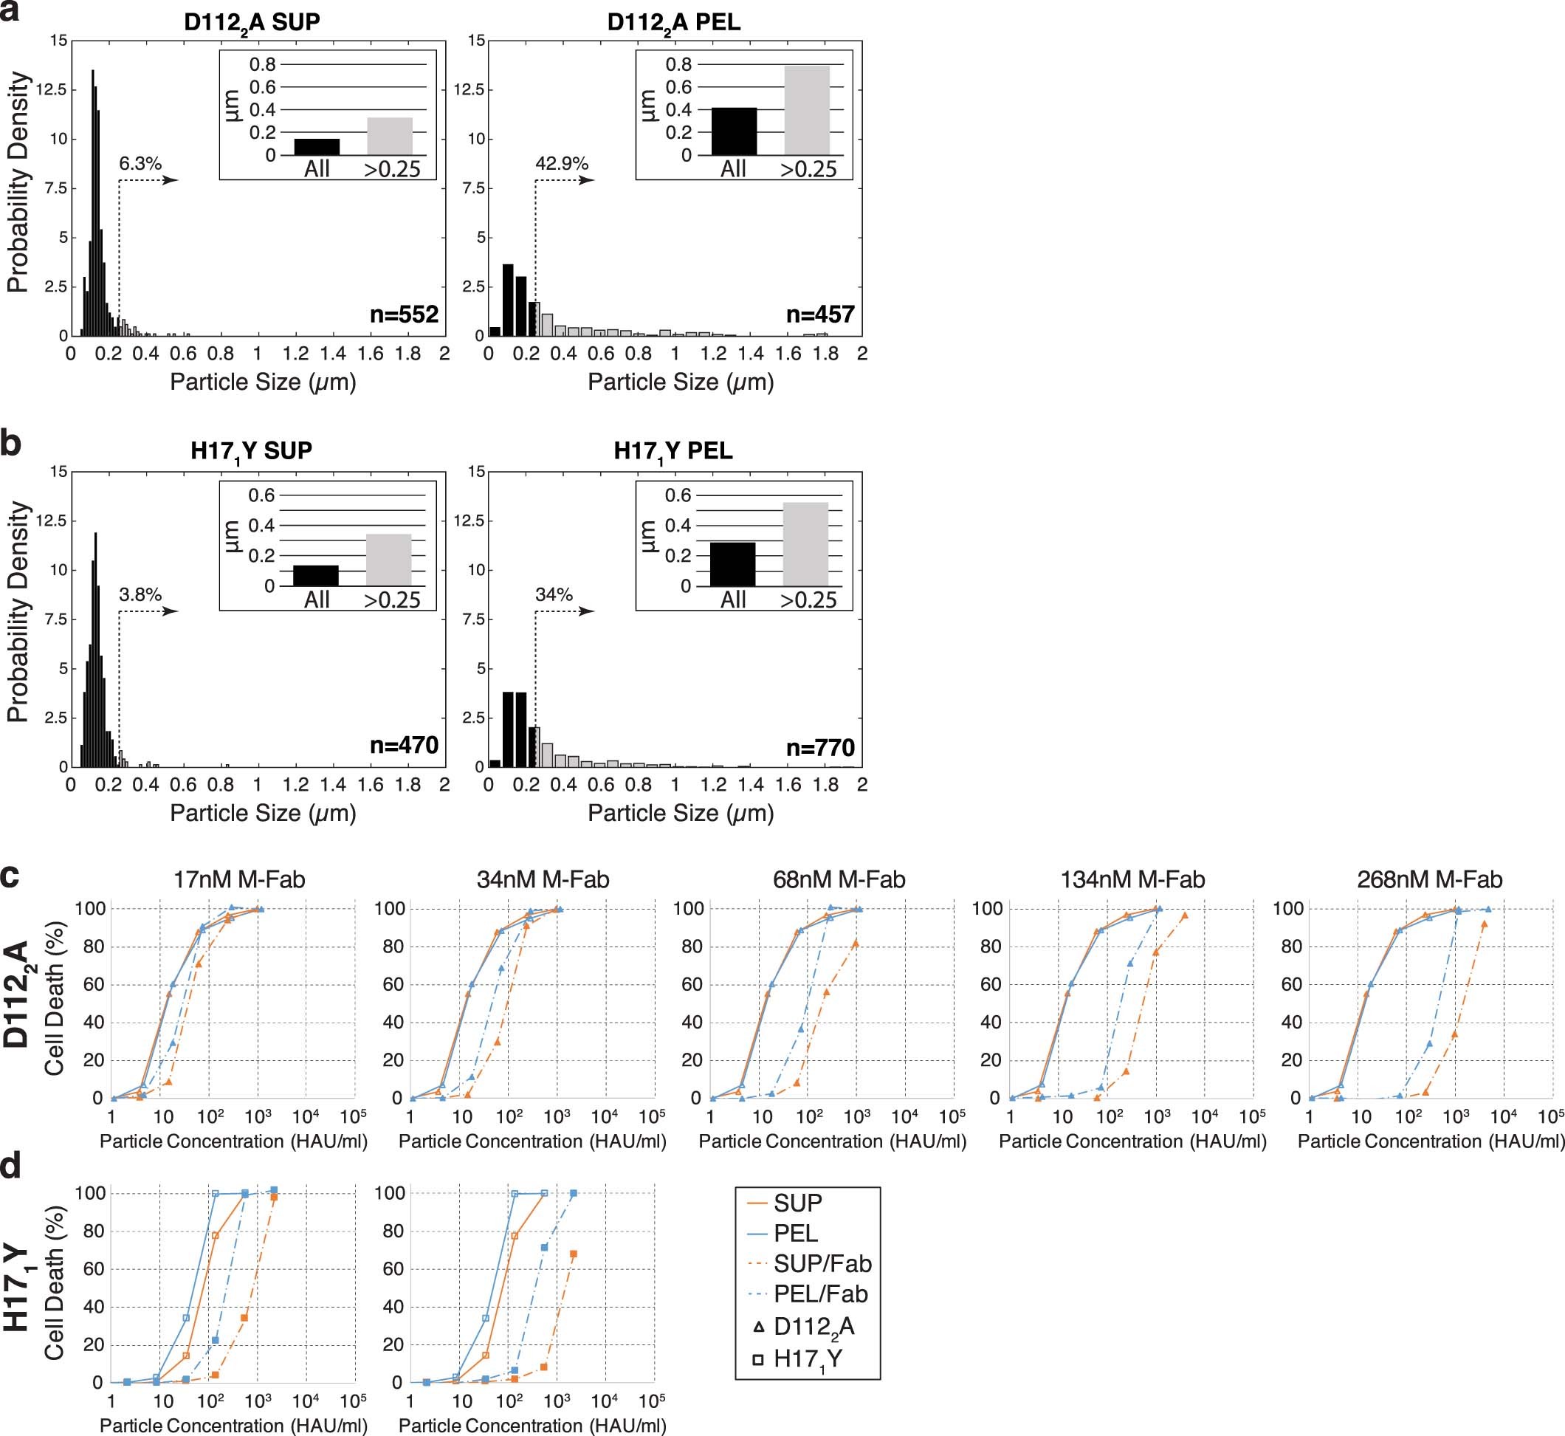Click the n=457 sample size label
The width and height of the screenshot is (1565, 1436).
click(820, 314)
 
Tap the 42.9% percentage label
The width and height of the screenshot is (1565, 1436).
click(561, 164)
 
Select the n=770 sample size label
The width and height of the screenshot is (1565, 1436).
click(820, 746)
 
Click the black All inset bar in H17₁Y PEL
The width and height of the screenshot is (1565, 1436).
click(733, 564)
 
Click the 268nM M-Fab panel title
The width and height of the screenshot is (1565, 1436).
click(1429, 879)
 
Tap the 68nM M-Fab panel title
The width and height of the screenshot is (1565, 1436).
click(839, 879)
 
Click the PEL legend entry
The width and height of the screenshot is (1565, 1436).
click(794, 1233)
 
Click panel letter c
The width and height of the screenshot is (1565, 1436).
click(10, 876)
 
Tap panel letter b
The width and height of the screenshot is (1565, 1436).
click(11, 444)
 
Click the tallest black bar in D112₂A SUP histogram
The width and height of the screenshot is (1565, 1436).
click(93, 202)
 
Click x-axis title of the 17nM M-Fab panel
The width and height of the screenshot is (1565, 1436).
click(233, 1141)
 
